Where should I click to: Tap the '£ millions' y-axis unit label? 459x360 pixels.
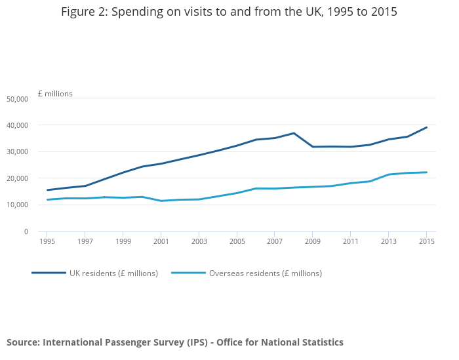tap(55, 94)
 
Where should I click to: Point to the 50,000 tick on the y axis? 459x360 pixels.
tap(17, 99)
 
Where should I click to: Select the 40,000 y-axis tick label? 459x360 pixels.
tap(17, 125)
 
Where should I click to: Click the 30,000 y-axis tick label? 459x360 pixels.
tap(17, 152)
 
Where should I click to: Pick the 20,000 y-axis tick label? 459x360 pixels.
tap(17, 178)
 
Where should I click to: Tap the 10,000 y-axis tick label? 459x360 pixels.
tap(17, 205)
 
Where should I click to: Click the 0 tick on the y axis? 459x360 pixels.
tap(26, 231)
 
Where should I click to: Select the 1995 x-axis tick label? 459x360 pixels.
tap(47, 241)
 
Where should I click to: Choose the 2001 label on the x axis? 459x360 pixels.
tap(161, 241)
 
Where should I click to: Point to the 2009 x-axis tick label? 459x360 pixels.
tap(313, 241)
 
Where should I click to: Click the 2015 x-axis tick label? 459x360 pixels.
tap(427, 241)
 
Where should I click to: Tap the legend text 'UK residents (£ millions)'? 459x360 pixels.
tap(113, 273)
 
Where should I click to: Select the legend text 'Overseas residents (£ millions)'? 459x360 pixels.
tap(265, 273)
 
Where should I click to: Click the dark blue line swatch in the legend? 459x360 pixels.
tap(49, 273)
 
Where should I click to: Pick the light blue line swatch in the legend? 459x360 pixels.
tap(188, 273)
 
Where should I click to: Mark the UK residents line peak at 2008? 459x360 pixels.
tap(294, 133)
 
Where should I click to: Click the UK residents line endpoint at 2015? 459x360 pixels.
tap(427, 127)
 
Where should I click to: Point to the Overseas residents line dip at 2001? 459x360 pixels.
tap(161, 201)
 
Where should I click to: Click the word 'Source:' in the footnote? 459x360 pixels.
tap(23, 342)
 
